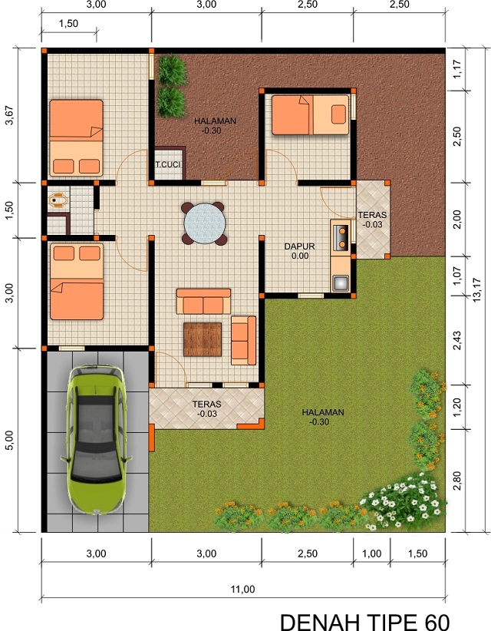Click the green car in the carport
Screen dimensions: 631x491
click(97, 440)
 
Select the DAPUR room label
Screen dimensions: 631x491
click(299, 246)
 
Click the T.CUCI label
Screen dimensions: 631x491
click(167, 165)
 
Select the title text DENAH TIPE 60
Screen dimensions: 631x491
click(364, 620)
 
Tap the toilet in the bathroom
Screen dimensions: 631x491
click(57, 200)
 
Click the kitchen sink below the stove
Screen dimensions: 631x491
click(340, 282)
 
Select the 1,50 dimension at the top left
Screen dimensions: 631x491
click(68, 24)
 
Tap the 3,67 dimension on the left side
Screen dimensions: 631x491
click(9, 115)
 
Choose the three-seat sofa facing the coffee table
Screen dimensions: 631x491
click(203, 302)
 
